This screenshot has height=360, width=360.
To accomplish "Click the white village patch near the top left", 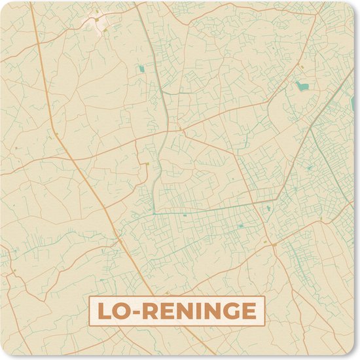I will click(98, 24).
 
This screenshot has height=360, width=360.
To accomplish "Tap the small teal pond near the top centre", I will click(141, 68).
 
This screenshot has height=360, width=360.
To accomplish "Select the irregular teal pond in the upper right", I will click(301, 86).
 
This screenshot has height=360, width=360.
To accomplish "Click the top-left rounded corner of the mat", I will click(4, 4).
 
